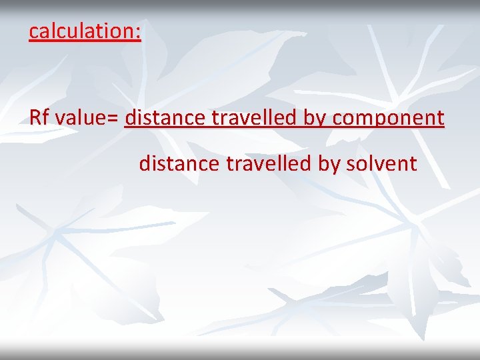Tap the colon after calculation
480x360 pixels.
[138, 32]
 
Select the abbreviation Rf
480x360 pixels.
[39, 118]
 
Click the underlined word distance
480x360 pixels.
[165, 118]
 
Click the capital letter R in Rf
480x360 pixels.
[35, 118]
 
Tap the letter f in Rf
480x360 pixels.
[47, 118]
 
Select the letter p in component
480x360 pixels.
[377, 121]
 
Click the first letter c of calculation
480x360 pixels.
[33, 32]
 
